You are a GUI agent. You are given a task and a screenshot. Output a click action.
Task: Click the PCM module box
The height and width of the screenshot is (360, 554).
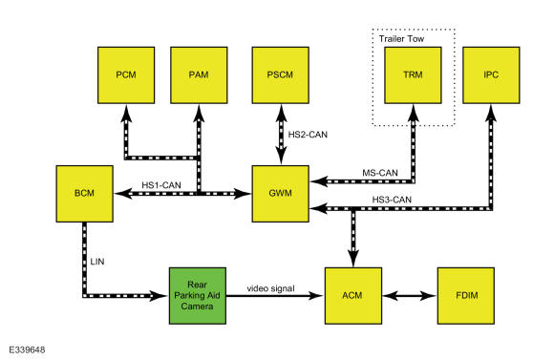click(x=126, y=75)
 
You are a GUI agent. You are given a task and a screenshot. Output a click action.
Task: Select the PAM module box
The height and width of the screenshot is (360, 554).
click(x=199, y=75)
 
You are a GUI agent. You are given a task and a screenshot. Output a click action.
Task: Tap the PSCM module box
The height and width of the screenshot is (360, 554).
click(x=281, y=75)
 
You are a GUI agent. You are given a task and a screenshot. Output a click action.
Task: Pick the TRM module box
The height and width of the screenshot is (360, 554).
click(x=413, y=75)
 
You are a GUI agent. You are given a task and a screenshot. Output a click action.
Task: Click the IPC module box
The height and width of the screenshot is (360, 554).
click(x=491, y=75)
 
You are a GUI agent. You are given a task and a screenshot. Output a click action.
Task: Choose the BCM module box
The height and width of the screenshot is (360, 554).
click(x=85, y=194)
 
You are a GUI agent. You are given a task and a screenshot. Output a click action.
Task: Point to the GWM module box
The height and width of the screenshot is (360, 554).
click(x=281, y=194)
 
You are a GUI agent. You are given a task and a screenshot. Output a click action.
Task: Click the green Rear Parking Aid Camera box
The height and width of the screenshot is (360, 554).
click(x=198, y=296)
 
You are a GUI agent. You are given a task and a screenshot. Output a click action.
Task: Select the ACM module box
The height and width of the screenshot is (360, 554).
click(x=353, y=296)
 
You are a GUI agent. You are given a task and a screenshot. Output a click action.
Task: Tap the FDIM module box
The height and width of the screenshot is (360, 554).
click(x=466, y=296)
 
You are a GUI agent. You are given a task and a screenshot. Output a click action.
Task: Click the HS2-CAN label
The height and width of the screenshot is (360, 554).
click(x=308, y=135)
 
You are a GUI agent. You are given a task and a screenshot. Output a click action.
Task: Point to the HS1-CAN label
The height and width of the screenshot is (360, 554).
click(x=161, y=185)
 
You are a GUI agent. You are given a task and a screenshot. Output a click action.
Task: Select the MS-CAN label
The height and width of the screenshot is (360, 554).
click(x=380, y=173)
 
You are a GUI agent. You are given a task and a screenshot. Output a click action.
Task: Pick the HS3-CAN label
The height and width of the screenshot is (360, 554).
click(x=392, y=200)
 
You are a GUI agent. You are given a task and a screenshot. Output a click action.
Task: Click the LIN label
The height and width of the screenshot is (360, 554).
click(x=97, y=262)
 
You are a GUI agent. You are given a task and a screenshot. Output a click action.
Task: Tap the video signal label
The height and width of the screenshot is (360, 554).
click(x=270, y=288)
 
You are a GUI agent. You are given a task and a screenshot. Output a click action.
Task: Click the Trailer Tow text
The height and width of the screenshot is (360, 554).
click(x=401, y=39)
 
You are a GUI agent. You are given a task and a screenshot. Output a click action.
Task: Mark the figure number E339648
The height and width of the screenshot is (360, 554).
click(x=27, y=349)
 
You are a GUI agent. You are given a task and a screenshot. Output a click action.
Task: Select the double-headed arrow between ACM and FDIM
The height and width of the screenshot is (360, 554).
click(x=410, y=296)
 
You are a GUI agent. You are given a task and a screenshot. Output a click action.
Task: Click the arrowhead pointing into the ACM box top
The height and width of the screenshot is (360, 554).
click(x=353, y=259)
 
